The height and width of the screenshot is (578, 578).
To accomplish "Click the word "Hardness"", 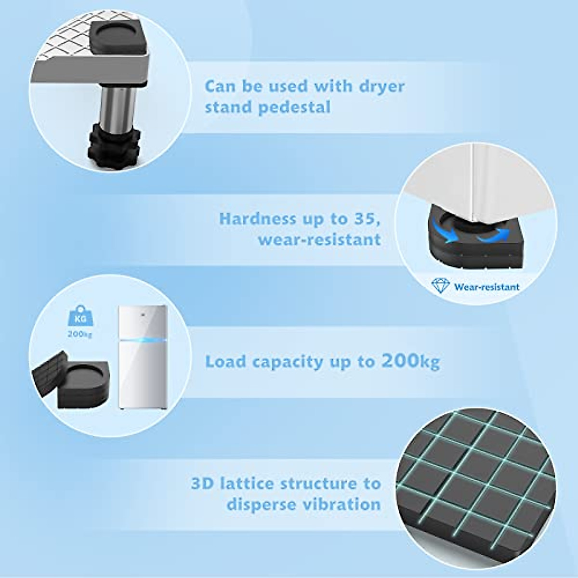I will (258, 219).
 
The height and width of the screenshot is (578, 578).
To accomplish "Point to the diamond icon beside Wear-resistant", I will (440, 286).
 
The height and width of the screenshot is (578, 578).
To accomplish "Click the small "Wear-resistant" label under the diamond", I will (486, 287).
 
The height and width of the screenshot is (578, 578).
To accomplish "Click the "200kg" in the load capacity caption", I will (410, 361).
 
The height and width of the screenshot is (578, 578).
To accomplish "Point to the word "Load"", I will (224, 361).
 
